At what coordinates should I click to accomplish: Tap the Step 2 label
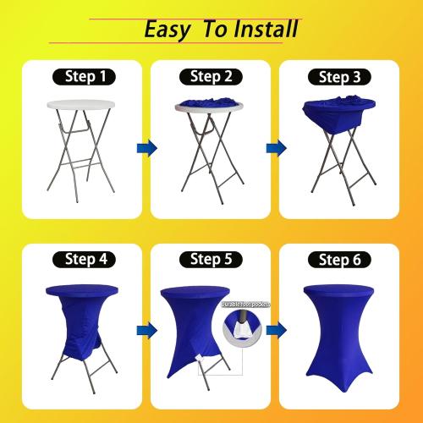[211, 77]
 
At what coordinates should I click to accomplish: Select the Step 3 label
[338, 78]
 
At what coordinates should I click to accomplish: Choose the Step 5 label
[211, 258]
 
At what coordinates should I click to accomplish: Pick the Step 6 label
[338, 259]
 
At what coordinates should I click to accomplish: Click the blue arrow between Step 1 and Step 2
[147, 148]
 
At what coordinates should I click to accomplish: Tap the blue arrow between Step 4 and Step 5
[147, 328]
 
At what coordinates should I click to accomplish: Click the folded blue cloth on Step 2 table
[206, 106]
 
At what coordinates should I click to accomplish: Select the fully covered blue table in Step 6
[338, 334]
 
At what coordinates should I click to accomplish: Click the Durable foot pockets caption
[245, 303]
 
